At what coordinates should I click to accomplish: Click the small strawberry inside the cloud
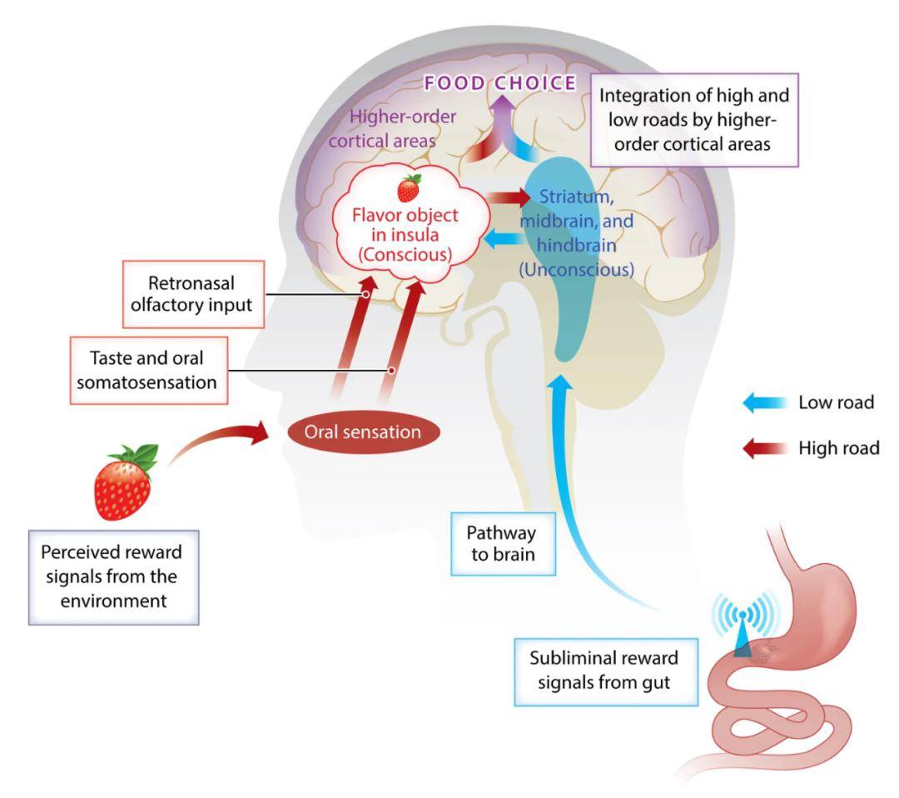pyautogui.click(x=409, y=188)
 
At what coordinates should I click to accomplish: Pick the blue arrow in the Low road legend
pyautogui.click(x=764, y=403)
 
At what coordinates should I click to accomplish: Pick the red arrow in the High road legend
pyautogui.click(x=764, y=448)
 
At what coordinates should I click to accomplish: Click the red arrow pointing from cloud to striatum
pyautogui.click(x=505, y=197)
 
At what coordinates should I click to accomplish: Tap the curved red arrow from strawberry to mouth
pyautogui.click(x=225, y=440)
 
